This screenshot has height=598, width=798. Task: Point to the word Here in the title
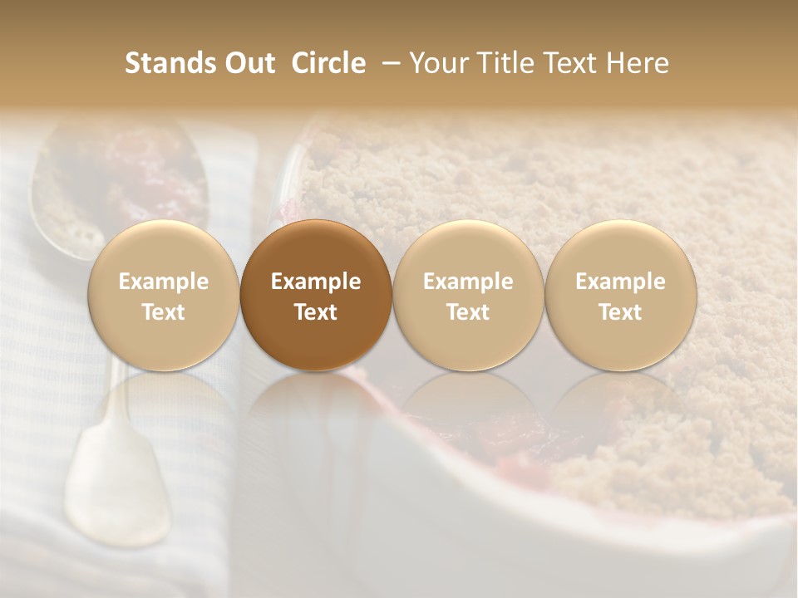click(x=637, y=63)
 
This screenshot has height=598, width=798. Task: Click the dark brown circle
click(x=316, y=295)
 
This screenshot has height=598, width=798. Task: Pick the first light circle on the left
click(x=164, y=295)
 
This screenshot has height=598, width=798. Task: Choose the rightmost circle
click(x=620, y=295)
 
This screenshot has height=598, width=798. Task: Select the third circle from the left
click(x=468, y=295)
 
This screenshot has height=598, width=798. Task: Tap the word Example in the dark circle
click(x=316, y=282)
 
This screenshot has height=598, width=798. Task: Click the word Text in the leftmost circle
click(x=164, y=312)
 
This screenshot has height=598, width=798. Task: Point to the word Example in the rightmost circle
click(x=620, y=282)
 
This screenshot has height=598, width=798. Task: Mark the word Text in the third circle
click(x=468, y=312)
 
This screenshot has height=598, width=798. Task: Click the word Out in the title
click(x=248, y=63)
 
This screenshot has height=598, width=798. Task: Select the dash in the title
click(x=387, y=63)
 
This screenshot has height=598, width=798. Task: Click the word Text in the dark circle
click(x=316, y=312)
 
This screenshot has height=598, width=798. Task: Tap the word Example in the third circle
click(x=468, y=282)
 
